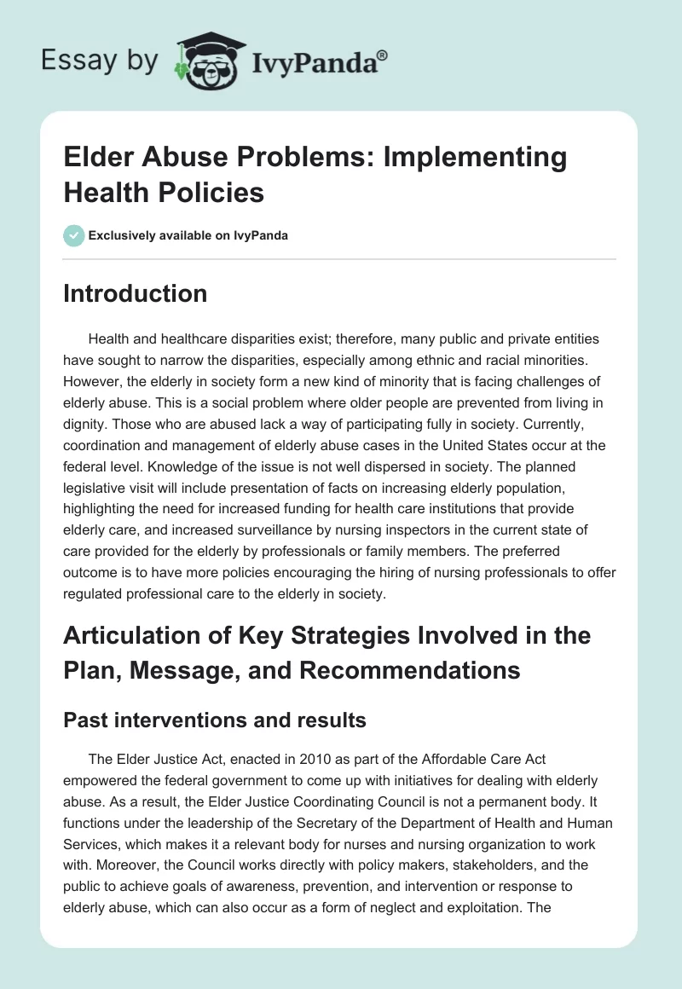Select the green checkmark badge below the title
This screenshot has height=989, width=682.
74,235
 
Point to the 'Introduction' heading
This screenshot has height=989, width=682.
135,293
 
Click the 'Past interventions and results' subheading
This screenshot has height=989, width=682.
215,720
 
